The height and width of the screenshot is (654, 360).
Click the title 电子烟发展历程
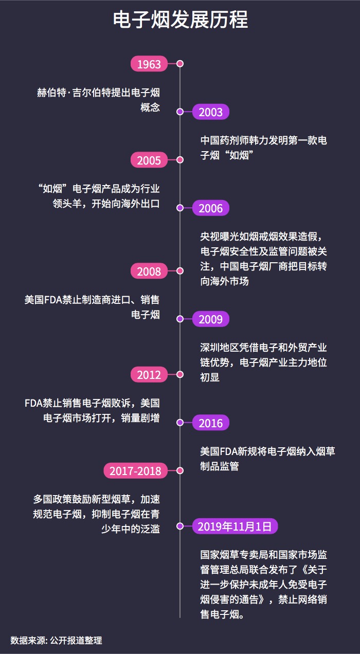180,21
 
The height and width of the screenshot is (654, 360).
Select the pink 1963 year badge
149,64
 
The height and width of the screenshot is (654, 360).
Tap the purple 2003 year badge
210,112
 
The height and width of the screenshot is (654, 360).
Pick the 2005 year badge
149,160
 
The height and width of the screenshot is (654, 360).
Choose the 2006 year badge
210,208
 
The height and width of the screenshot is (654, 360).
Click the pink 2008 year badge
149,271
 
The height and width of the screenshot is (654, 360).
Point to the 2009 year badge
210,319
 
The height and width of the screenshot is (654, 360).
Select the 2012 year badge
149,375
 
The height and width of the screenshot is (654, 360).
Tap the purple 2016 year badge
210,423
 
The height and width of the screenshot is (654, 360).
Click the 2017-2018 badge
136,471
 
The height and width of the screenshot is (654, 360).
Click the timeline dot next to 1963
180,64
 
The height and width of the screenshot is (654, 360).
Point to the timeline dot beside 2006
180,208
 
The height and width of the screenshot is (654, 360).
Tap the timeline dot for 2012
180,374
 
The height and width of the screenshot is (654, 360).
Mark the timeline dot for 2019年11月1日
180,526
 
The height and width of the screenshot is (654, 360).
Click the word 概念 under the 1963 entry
150,108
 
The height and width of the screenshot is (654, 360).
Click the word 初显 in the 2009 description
210,377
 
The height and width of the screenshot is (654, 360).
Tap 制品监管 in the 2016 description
219,467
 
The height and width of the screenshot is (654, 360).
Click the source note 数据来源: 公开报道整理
56,641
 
